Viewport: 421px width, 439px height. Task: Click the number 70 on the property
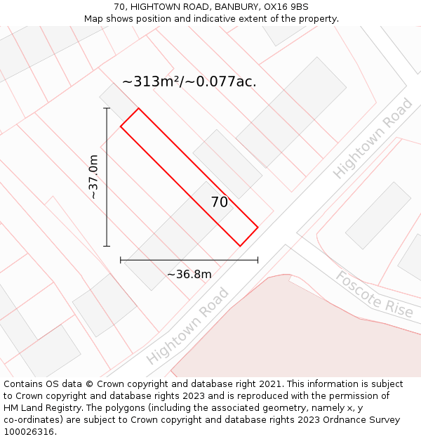pos(220,202)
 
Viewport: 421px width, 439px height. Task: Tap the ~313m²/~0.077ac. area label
pos(189,81)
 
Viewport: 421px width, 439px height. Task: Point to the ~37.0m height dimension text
pos(94,177)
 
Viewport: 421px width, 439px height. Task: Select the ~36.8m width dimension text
pos(189,274)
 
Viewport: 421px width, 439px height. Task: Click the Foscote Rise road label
pos(374,295)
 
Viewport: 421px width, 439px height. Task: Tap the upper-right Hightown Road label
pos(373,139)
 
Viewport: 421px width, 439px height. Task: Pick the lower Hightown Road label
pos(188,327)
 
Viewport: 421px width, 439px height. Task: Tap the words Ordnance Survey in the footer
pos(364,419)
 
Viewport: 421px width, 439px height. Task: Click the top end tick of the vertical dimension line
pos(107,108)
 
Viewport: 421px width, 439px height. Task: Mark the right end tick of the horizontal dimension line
pos(258,260)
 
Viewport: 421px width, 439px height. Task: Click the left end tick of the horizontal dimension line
pos(121,260)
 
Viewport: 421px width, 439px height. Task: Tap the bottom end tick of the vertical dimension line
pos(107,246)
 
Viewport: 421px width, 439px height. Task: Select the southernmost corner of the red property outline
pos(241,246)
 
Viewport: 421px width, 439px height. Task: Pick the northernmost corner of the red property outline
pos(138,108)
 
